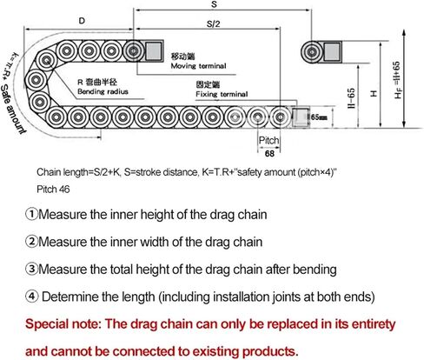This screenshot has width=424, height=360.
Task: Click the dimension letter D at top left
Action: coord(82,21)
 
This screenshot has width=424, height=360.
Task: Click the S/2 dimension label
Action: coord(214,23)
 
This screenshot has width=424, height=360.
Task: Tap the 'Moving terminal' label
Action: coord(198,66)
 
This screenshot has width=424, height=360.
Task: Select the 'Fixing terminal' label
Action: coord(222,94)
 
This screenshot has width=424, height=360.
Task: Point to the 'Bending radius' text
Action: coord(103,91)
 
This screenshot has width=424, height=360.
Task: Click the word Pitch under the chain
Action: coord(268,140)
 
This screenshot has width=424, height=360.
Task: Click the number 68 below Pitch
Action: coord(269,153)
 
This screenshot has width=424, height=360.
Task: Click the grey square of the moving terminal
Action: coord(153,51)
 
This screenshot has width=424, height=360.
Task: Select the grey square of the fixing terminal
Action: coord(301,117)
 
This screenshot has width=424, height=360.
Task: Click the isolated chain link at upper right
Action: coord(312,52)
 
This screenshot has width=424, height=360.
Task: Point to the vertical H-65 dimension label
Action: coord(351,98)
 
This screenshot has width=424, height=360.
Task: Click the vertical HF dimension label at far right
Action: coord(397,80)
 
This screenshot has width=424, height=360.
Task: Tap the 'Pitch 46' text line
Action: coord(53,190)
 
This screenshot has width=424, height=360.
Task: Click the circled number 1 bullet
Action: coord(31,214)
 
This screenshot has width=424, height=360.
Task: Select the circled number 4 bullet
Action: coord(31,297)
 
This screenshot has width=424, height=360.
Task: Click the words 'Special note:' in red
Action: coord(63,323)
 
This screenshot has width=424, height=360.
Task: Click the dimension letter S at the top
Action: coord(214,4)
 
